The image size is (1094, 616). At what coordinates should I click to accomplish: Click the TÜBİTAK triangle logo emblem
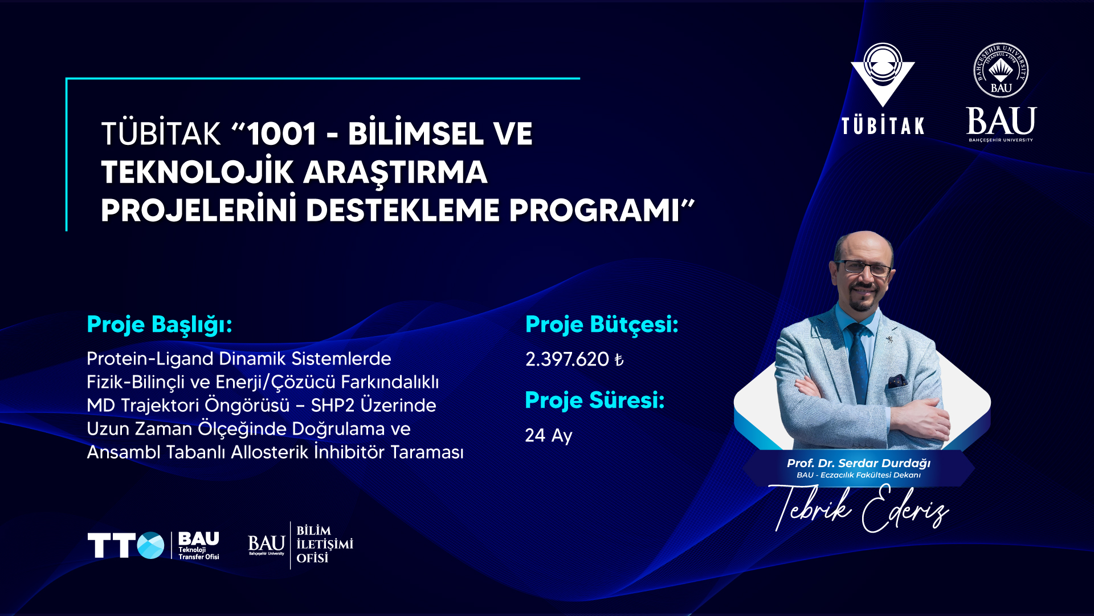coord(883,75)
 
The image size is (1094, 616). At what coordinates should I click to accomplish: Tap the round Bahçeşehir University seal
coord(1001,70)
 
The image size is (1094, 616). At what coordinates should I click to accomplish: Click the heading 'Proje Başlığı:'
coord(160,325)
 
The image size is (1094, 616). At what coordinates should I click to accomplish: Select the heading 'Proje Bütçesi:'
coord(602,325)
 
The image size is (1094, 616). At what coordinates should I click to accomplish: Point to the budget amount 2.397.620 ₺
coord(574,359)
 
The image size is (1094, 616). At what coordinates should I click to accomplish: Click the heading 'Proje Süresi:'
coord(595,400)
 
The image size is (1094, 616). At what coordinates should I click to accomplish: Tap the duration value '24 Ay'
coord(549,436)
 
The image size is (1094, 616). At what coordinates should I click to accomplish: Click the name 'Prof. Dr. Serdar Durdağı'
coord(859,463)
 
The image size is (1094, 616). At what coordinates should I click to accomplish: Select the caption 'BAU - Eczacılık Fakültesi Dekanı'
coord(859,475)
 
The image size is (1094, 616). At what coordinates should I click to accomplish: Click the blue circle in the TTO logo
coord(150,545)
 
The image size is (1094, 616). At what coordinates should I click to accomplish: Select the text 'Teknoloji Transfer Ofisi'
coord(199,553)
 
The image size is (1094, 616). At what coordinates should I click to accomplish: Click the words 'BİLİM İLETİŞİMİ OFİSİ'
coord(325,544)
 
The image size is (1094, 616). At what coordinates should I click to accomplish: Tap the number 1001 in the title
coord(281,134)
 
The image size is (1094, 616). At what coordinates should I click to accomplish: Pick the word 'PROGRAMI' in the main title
coord(594,210)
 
